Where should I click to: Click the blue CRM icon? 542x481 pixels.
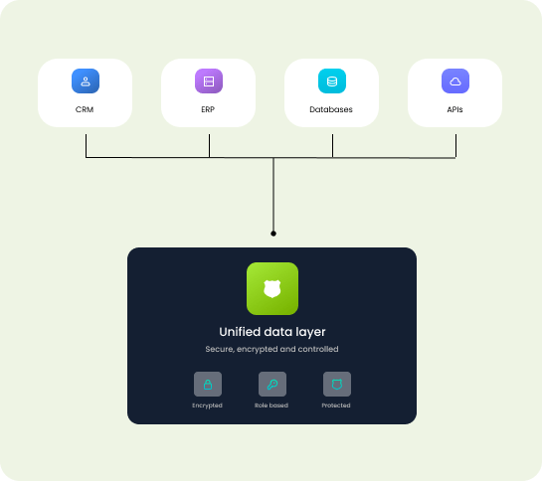pos(86,81)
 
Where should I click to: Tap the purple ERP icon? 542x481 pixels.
pos(209,81)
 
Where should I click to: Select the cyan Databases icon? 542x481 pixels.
pos(332,81)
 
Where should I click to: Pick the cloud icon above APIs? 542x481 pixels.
pos(455,81)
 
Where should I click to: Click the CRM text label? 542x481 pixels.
pos(86,109)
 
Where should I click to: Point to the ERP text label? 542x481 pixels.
pos(209,109)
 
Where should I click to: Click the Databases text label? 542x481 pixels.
pos(332,109)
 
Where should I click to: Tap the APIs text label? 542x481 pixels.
pos(455,109)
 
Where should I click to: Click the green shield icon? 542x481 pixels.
pos(271,289)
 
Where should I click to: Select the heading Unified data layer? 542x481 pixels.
pos(271,332)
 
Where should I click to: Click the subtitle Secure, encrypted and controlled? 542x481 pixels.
pos(271,349)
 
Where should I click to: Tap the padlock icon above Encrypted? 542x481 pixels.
pos(207,384)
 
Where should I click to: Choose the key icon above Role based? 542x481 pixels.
pos(271,384)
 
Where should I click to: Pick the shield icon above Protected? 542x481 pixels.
pos(336,384)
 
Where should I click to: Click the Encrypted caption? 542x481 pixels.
pos(207,405)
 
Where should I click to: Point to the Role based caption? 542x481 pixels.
pos(271,405)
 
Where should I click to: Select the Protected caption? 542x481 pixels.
pos(336,405)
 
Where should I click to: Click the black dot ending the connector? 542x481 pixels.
pos(273,234)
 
